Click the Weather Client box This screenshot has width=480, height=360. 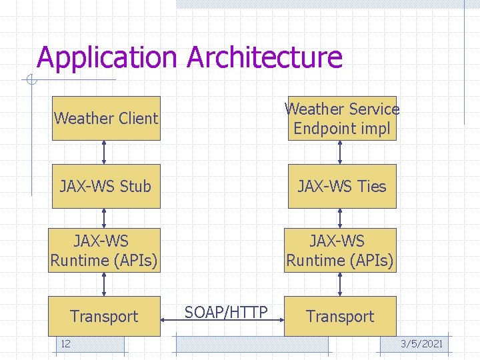(x=106, y=118)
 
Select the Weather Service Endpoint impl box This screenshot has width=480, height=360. (x=341, y=118)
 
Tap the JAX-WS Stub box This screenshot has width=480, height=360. (x=106, y=186)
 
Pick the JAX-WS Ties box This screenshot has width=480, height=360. (x=341, y=186)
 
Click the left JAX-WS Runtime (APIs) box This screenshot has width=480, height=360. (x=105, y=251)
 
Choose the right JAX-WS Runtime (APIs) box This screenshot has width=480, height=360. (x=340, y=251)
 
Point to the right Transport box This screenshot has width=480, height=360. (x=340, y=316)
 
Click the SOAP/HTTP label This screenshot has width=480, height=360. (x=226, y=312)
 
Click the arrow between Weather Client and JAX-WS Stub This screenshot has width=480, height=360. (x=104, y=152)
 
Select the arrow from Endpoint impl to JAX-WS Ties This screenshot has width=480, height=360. (x=341, y=152)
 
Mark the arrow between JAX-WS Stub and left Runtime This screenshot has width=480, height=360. (x=104, y=218)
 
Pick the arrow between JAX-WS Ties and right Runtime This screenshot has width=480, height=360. (x=341, y=218)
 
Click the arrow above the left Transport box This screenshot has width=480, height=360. (x=104, y=284)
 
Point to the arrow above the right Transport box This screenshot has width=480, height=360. (x=341, y=284)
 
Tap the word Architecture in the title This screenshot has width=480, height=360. (x=265, y=58)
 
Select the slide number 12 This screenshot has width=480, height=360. (x=65, y=344)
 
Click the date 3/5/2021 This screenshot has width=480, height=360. (x=421, y=344)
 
